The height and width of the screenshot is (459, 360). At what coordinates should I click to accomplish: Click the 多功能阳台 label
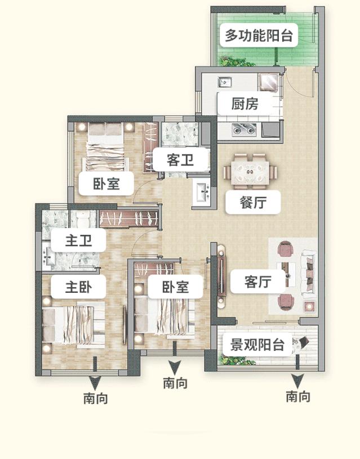pyautogui.click(x=259, y=36)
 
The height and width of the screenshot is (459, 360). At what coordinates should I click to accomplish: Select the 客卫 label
pyautogui.click(x=180, y=161)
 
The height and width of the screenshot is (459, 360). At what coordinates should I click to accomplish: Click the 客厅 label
pyautogui.click(x=258, y=282)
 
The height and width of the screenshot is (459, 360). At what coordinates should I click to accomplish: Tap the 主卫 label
pyautogui.click(x=78, y=241)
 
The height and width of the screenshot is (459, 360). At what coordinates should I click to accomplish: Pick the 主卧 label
pyautogui.click(x=78, y=287)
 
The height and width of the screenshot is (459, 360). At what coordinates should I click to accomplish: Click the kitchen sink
pyautogui.click(x=225, y=82)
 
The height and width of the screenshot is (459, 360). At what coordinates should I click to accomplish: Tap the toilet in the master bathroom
pyautogui.click(x=84, y=216)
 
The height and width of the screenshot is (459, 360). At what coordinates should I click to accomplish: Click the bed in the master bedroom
pyautogui.click(x=73, y=325)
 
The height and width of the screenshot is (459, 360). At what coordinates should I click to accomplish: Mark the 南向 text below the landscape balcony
pyautogui.click(x=297, y=396)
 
